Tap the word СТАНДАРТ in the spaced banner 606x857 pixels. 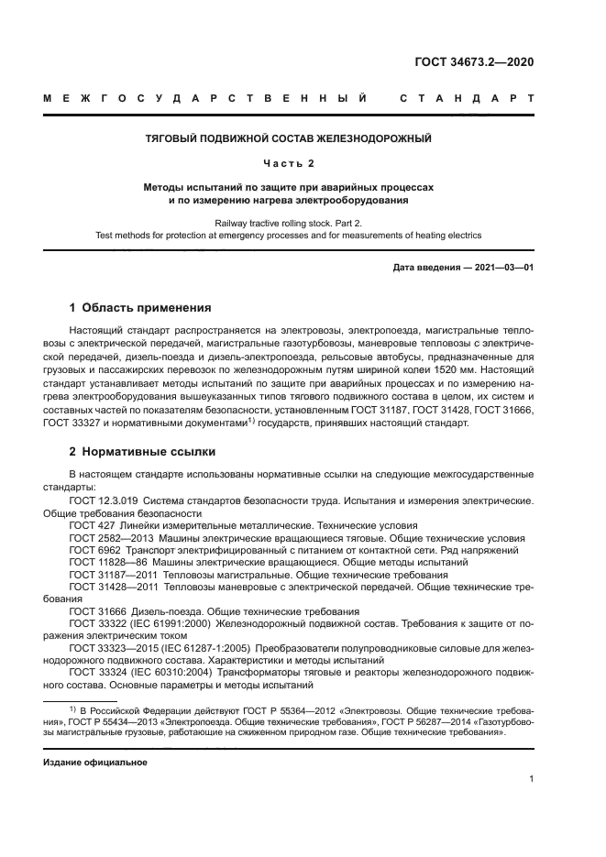coord(467,98)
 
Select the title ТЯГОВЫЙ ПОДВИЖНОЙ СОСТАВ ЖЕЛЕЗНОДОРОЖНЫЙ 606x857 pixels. coord(289,139)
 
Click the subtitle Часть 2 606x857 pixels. coord(289,163)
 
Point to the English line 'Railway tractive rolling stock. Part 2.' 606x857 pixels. coord(289,223)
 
